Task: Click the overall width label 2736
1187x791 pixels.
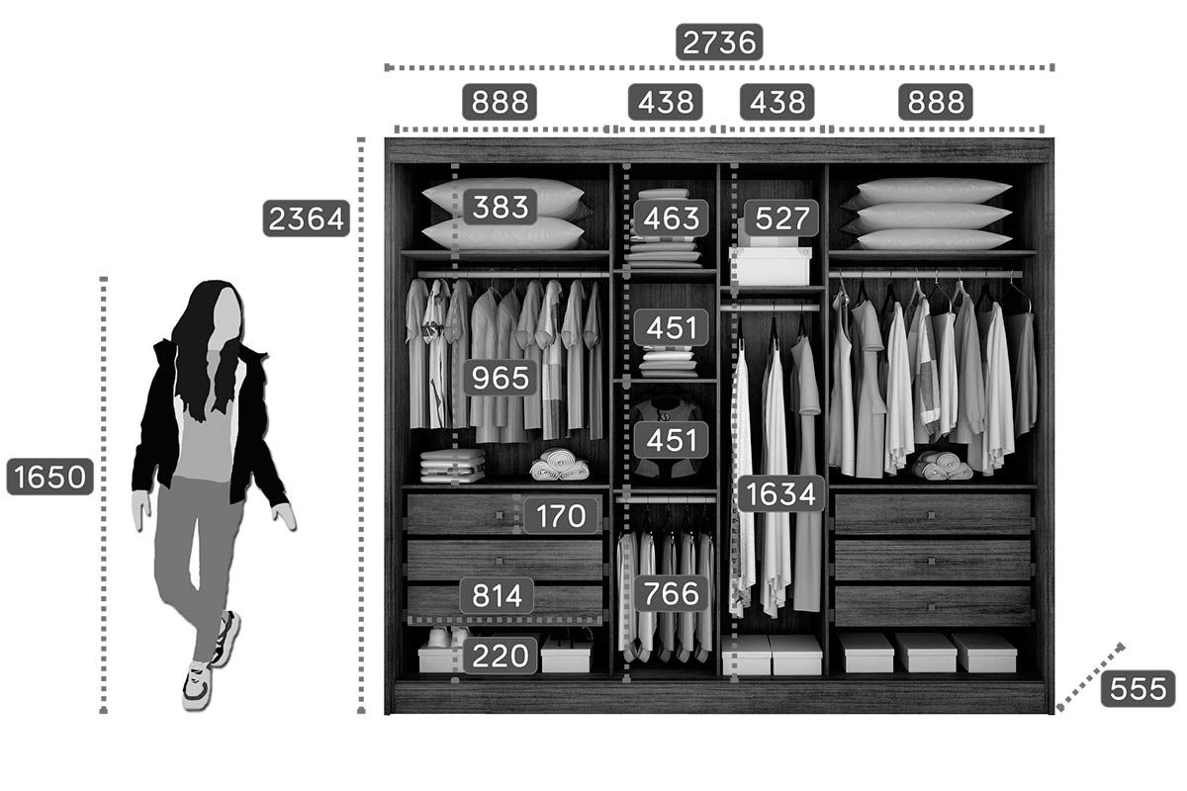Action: tap(719, 43)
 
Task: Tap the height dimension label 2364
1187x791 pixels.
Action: tap(307, 219)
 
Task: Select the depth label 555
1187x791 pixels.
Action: tap(1138, 689)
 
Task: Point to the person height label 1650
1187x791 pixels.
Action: tap(49, 477)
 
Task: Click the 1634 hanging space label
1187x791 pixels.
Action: tap(780, 493)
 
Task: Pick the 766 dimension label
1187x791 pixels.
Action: tap(671, 593)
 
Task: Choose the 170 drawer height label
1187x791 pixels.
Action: tap(561, 515)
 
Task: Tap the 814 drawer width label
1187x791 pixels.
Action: tap(497, 595)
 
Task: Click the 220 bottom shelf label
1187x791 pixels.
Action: tap(501, 656)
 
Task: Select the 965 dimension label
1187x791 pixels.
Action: tap(501, 378)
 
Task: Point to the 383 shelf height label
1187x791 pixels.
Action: tap(501, 207)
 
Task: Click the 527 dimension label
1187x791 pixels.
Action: tap(781, 218)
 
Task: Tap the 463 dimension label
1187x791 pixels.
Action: tap(671, 218)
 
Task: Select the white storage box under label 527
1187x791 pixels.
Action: tap(771, 266)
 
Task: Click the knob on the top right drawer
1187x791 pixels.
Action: tap(931, 515)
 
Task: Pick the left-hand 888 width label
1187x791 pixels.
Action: tap(500, 102)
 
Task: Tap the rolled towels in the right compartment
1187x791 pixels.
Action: tap(942, 466)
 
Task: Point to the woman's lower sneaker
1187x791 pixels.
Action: tap(197, 685)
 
